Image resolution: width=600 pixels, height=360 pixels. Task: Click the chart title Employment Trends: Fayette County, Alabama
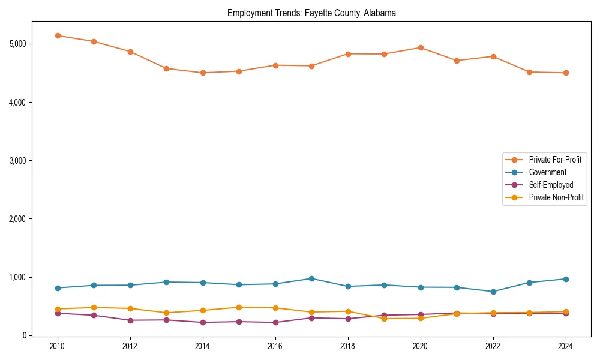[311, 13]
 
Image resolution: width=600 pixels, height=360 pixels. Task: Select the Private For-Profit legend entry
[555, 160]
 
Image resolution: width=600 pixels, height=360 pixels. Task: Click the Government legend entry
[547, 172]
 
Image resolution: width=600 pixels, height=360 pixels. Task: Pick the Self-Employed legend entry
[551, 185]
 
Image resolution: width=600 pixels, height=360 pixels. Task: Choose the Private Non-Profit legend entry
[556, 197]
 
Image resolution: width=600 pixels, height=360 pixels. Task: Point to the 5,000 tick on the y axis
[18, 44]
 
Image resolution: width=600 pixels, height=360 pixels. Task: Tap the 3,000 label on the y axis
[18, 161]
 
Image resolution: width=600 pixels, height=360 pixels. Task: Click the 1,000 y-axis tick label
[18, 277]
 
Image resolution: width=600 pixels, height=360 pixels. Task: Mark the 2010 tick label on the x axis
[58, 346]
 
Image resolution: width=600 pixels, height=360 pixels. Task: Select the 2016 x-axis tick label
[275, 346]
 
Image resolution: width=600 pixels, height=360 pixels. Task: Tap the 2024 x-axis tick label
[565, 346]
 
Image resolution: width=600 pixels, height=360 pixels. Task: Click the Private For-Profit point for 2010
[58, 35]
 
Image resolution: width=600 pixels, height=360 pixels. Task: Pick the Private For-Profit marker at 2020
[421, 47]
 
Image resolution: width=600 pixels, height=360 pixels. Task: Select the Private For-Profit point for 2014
[203, 73]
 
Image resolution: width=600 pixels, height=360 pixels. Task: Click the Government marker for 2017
[311, 278]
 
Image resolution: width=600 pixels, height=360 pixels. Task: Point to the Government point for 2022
[493, 292]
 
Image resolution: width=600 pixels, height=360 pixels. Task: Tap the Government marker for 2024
[565, 279]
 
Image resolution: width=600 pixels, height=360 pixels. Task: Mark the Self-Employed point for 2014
[203, 322]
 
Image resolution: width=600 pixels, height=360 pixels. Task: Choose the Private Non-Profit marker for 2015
[239, 307]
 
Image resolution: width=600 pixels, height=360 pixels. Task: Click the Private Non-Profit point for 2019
[384, 319]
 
